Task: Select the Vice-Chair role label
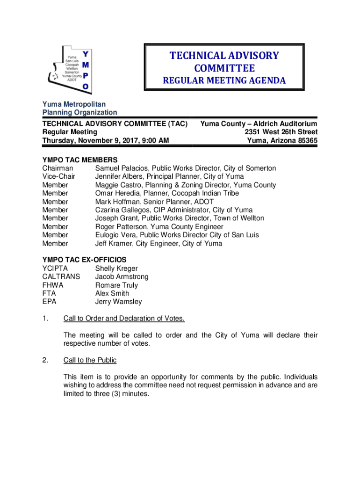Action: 59,177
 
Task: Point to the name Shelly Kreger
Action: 116,269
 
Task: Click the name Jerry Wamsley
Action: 118,302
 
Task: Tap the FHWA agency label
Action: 53,285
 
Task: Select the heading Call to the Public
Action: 90,360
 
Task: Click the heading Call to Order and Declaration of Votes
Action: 124,319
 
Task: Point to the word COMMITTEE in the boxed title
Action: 224,68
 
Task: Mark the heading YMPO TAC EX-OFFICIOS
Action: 84,260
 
